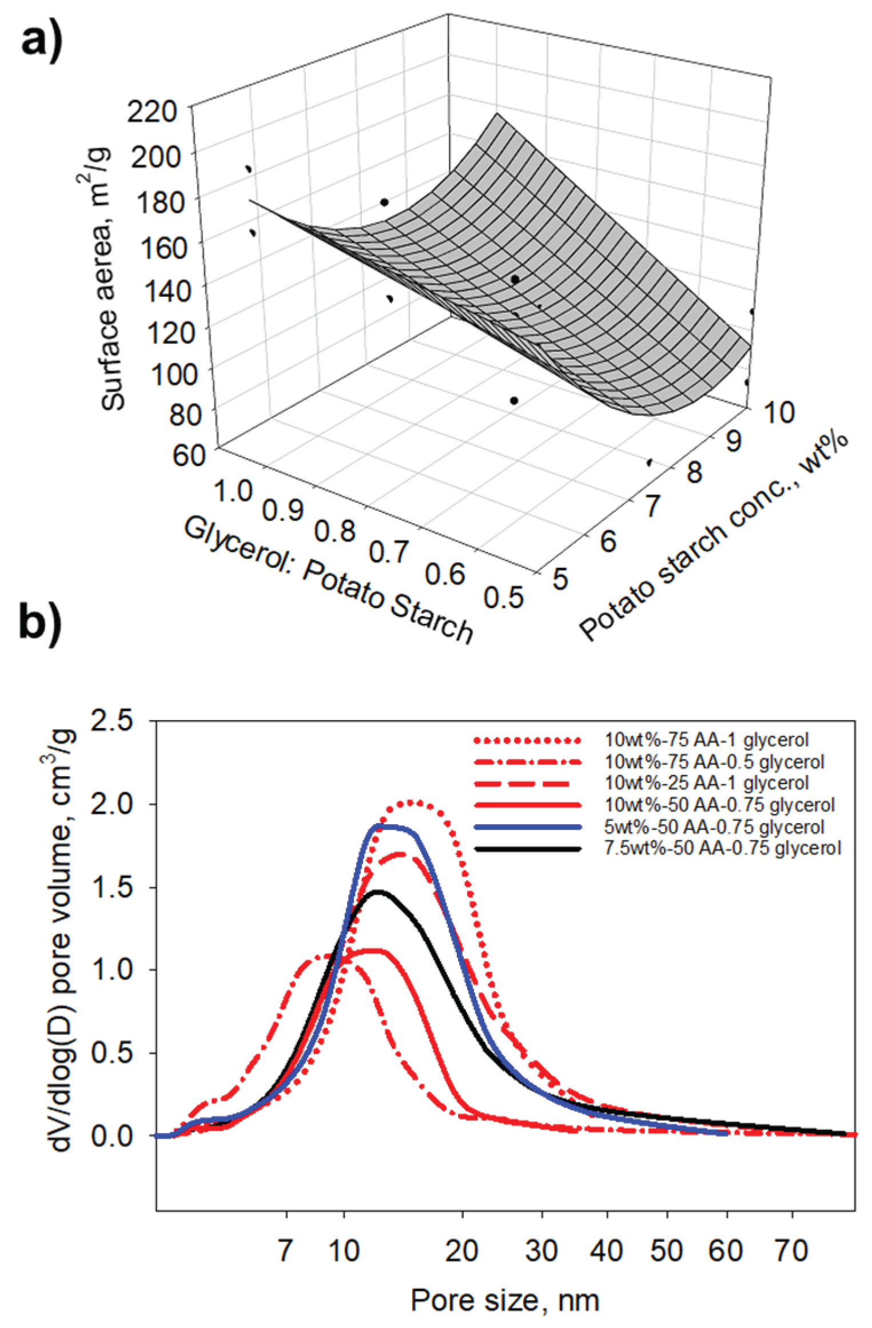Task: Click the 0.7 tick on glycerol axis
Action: click(x=388, y=551)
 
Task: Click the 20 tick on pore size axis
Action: click(x=461, y=1251)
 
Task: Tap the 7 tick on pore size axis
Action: click(x=285, y=1251)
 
